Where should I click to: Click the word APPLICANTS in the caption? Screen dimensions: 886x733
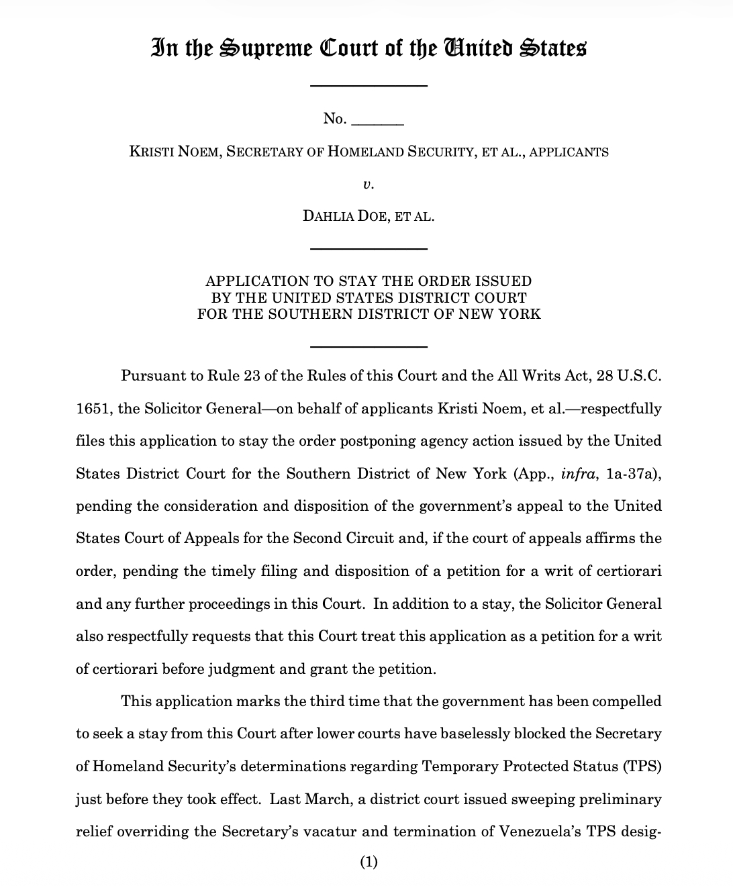[569, 152]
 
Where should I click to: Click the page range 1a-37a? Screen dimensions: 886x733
[629, 474]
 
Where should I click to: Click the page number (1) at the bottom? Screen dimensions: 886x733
[369, 862]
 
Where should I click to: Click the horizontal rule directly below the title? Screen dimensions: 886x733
[368, 85]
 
